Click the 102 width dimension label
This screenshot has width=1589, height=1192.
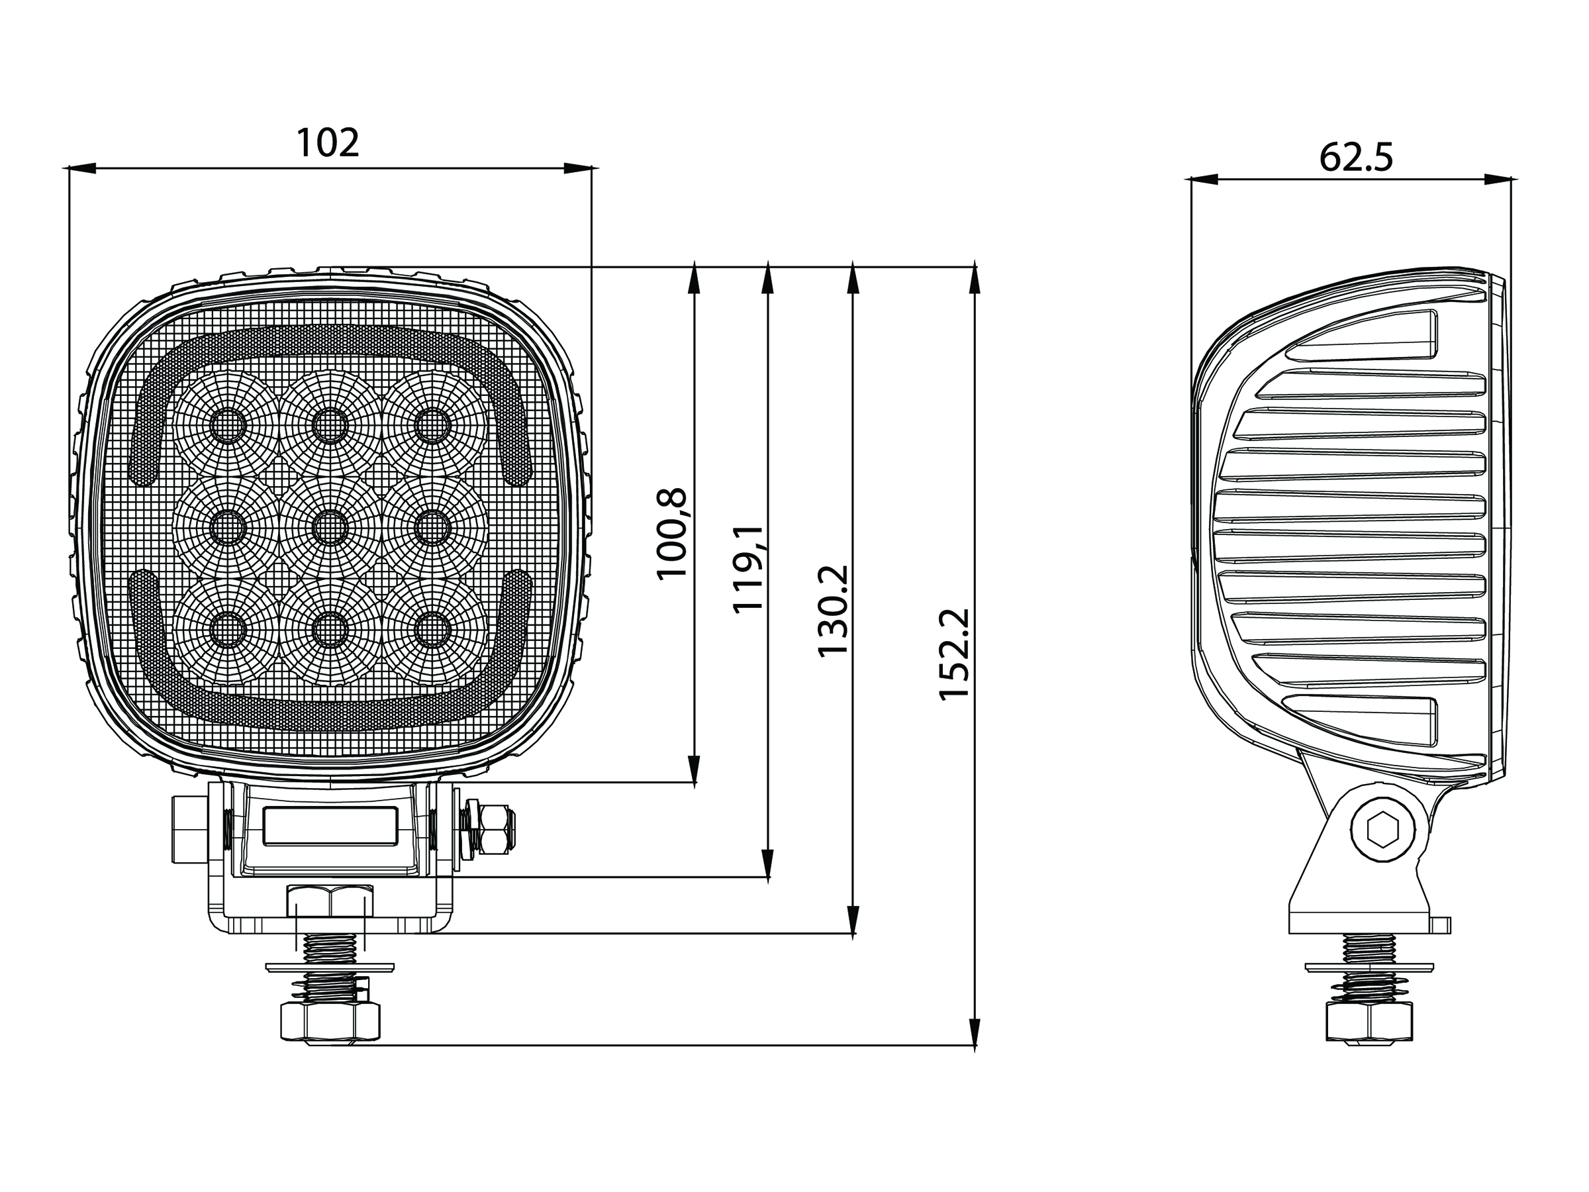coord(328,143)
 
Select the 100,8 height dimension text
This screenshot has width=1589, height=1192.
coord(673,532)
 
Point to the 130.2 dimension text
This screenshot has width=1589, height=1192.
coord(834,611)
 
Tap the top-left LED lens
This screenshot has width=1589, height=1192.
coord(228,425)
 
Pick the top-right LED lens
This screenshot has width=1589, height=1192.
coord(432,425)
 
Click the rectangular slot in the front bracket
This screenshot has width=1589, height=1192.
coord(330,826)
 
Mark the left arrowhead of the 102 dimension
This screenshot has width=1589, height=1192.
coord(79,168)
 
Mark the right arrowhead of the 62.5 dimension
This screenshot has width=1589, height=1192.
coord(1497,179)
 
